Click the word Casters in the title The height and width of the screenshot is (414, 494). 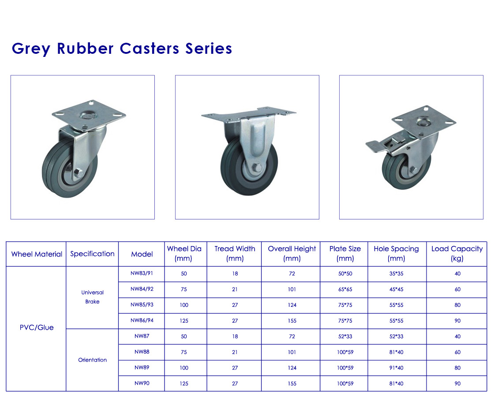tap(150, 48)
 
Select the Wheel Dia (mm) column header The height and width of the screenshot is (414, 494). tap(184, 254)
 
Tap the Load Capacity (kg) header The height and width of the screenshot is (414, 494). tap(457, 254)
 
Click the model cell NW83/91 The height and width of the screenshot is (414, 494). tap(142, 273)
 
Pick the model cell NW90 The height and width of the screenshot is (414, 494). tap(142, 383)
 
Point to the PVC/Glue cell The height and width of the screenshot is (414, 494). tap(37, 328)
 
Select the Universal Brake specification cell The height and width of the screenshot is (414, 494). tap(92, 297)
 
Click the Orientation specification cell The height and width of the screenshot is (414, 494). tap(92, 360)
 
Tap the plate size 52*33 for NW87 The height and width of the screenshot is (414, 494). tap(345, 336)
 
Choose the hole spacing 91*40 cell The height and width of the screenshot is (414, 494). tap(396, 368)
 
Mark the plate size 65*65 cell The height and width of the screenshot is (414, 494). tap(345, 289)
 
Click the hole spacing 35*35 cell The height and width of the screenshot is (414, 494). tap(396, 274)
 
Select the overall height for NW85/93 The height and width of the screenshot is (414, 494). tap(292, 305)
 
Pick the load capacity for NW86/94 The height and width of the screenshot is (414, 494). tap(457, 321)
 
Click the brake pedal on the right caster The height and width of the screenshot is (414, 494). tap(375, 146)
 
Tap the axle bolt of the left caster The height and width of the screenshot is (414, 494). tap(78, 173)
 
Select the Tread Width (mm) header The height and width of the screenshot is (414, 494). tap(235, 254)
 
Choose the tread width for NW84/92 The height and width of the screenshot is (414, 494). tap(235, 289)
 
